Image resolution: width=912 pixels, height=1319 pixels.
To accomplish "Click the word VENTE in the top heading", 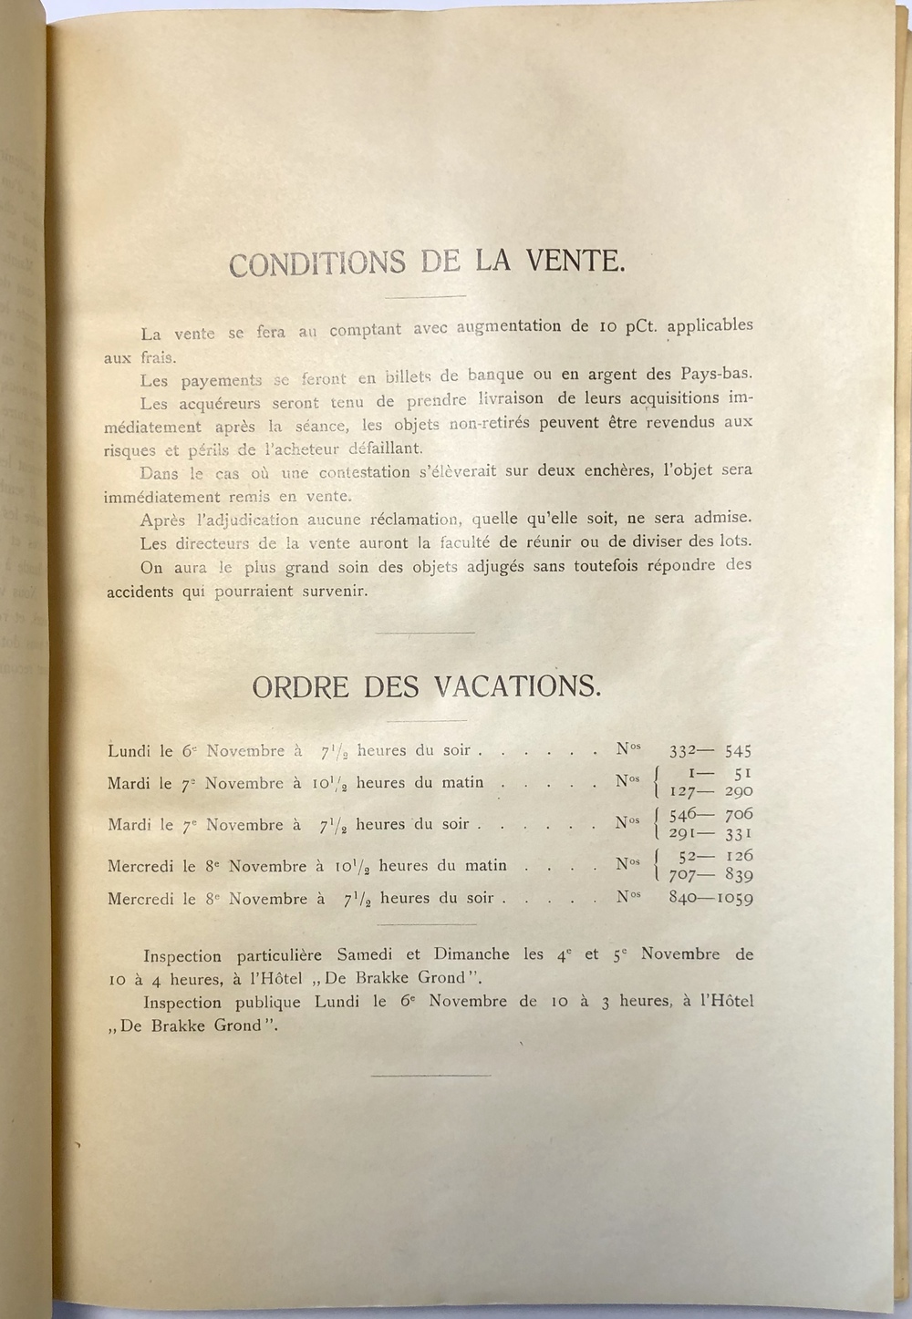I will [572, 262].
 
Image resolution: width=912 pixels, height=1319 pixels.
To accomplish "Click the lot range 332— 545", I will [710, 751].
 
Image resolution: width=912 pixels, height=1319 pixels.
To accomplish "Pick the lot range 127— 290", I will [710, 791].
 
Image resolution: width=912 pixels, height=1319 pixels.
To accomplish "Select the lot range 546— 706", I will [710, 813].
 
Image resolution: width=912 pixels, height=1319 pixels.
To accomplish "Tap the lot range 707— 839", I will [710, 875].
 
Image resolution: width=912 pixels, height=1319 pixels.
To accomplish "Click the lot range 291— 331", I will [710, 833].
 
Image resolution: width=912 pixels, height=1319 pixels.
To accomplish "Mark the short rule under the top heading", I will [425, 295].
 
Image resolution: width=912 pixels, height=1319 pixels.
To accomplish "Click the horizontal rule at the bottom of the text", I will [431, 1075].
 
